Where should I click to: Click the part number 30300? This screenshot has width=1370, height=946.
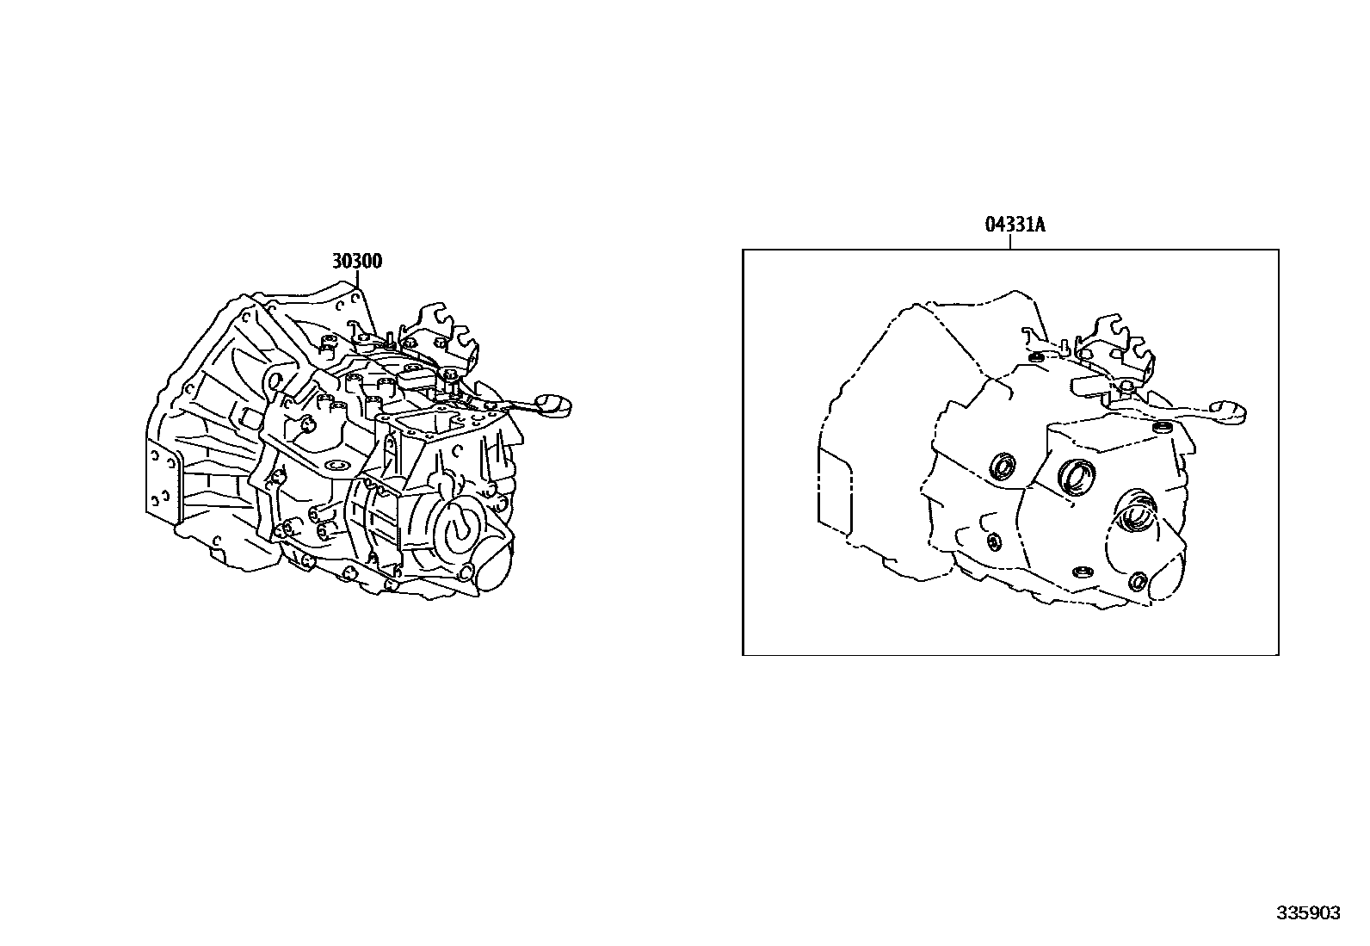tap(357, 261)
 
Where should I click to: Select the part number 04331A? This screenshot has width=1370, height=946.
tap(1015, 226)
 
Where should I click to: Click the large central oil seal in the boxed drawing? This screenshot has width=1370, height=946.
tap(1077, 476)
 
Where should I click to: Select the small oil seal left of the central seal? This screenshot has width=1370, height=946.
tap(1003, 467)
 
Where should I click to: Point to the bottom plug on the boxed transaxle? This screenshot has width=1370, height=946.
tap(1081, 572)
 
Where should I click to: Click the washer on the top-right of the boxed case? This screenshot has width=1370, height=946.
tap(1163, 427)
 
